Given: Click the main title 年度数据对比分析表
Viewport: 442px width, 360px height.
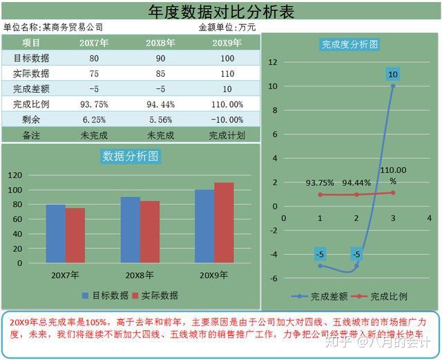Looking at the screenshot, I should click(x=222, y=11).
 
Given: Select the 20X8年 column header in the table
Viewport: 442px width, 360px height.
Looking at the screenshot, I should click(x=160, y=42).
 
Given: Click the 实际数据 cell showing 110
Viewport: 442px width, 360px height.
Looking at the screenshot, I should click(x=227, y=73).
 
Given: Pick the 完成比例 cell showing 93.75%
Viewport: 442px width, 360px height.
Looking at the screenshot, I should click(x=94, y=104).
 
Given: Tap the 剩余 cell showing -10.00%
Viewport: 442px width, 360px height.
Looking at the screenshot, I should click(x=227, y=119).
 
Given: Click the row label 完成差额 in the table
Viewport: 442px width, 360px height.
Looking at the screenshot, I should click(x=31, y=88).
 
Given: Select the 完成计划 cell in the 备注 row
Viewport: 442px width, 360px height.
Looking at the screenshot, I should click(x=227, y=135).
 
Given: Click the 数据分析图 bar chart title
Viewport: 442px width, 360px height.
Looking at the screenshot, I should click(x=131, y=156).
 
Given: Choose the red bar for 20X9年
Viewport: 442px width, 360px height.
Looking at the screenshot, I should click(x=224, y=222).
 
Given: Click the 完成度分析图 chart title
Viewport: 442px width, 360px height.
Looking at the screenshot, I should click(x=349, y=44).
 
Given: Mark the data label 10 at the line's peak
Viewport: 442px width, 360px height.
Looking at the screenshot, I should click(x=393, y=74).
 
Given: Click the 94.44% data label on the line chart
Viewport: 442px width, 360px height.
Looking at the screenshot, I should click(x=356, y=183).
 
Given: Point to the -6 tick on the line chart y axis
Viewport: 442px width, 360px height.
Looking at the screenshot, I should click(x=273, y=278).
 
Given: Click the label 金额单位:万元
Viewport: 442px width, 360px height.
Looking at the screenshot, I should click(x=227, y=27).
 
